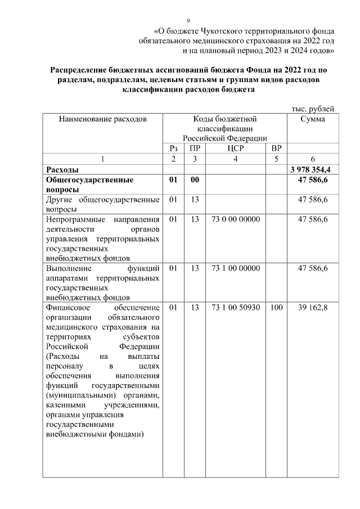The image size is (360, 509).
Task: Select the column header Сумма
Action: (312, 119)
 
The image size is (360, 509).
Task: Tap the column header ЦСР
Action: (235, 148)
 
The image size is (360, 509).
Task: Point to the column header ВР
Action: (276, 148)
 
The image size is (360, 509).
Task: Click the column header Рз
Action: (173, 148)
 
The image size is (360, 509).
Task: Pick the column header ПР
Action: (195, 148)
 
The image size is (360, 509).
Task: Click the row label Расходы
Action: (62, 169)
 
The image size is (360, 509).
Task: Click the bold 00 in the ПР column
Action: (195, 181)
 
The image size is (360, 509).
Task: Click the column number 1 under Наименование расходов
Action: (102, 159)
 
